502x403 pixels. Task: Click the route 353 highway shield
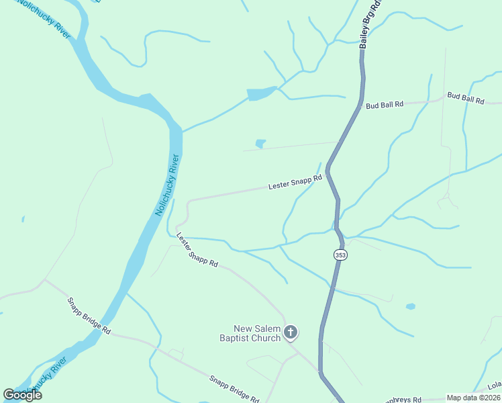(340, 255)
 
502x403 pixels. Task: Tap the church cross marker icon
(291, 332)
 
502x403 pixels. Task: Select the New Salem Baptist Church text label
(250, 334)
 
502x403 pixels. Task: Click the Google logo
(22, 394)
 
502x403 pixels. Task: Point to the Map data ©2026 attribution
(473, 398)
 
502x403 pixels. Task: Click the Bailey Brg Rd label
(370, 24)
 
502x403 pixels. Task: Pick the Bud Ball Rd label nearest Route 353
(385, 105)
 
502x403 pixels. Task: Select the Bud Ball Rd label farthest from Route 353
(466, 99)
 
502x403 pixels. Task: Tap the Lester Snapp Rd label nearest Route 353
(295, 182)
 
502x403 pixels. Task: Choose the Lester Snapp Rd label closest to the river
(197, 250)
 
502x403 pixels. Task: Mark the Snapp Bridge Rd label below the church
(234, 389)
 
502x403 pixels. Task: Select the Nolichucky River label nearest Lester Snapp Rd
(168, 185)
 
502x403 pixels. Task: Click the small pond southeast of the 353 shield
(410, 306)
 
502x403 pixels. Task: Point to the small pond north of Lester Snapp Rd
(260, 143)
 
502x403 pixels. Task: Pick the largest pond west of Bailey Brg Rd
(260, 94)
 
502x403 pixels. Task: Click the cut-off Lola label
(495, 386)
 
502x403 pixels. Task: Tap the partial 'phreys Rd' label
(400, 399)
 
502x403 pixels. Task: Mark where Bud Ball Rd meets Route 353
(360, 106)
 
